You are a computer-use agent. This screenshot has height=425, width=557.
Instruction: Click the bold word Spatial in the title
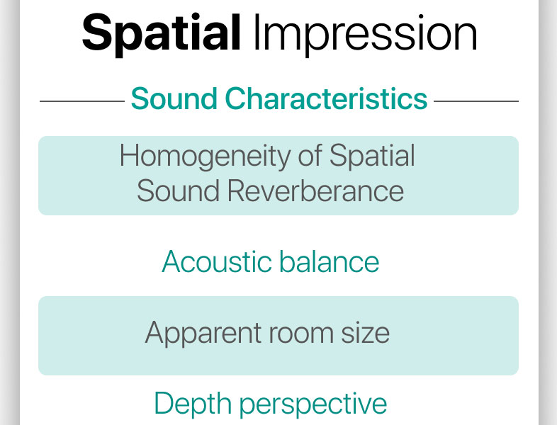click(162, 35)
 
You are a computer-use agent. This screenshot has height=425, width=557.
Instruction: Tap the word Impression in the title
click(366, 35)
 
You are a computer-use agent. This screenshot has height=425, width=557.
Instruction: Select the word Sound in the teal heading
click(174, 98)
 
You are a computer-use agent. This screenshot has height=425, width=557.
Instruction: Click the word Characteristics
click(326, 98)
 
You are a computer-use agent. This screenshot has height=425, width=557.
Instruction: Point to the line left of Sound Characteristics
click(82, 101)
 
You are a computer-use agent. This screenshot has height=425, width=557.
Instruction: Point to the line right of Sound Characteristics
click(476, 101)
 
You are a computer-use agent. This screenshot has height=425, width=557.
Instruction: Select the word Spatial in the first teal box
click(372, 157)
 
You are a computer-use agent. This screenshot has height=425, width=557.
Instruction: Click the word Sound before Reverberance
click(178, 191)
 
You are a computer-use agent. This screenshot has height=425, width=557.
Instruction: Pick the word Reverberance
click(315, 191)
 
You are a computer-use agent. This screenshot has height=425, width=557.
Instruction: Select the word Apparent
click(203, 334)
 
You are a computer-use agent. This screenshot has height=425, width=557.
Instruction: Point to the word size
click(365, 333)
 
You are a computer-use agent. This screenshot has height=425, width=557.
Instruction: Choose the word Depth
click(193, 404)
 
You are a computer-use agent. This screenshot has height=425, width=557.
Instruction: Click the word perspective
click(313, 404)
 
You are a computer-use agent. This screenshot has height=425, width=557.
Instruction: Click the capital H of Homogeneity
click(129, 155)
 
